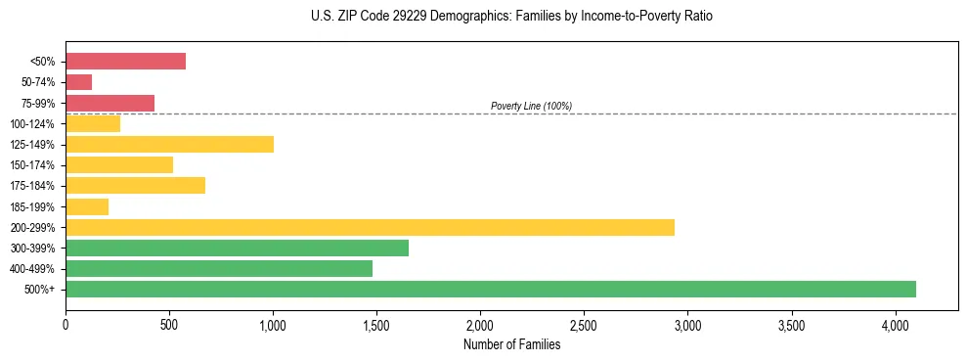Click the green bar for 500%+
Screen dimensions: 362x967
pyautogui.click(x=490, y=289)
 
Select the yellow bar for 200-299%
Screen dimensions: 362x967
pyautogui.click(x=370, y=227)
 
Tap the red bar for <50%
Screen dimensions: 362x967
pyautogui.click(x=125, y=62)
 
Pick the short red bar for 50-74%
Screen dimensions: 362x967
pyautogui.click(x=78, y=82)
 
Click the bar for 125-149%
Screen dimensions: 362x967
pyautogui.click(x=169, y=144)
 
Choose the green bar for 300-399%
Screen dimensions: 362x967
pyautogui.click(x=237, y=248)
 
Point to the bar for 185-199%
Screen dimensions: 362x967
pyautogui.click(x=87, y=206)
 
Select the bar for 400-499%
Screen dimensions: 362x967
pyautogui.click(x=219, y=268)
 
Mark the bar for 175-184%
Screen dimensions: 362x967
pyautogui.click(x=135, y=185)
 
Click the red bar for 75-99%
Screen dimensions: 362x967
pyautogui.click(x=110, y=103)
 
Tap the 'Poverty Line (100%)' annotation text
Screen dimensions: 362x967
pyautogui.click(x=531, y=106)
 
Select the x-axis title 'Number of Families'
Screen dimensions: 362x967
pyautogui.click(x=511, y=343)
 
